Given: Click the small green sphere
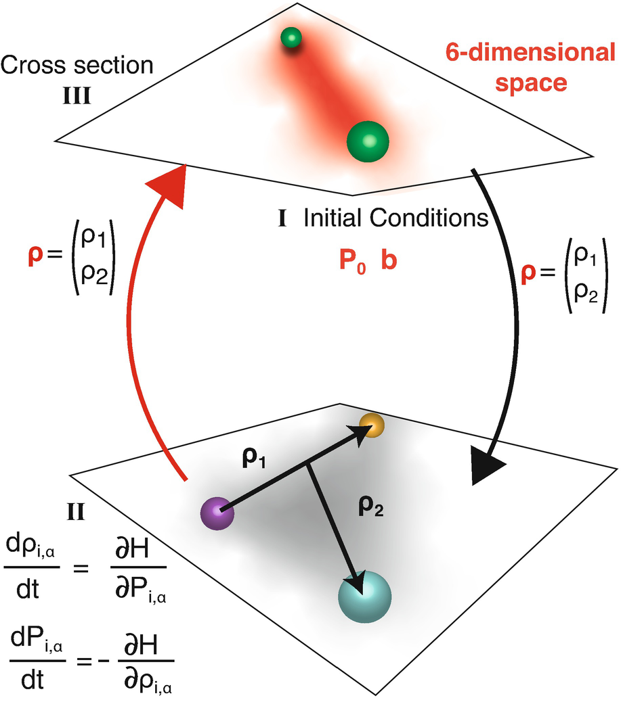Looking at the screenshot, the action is click(x=291, y=39).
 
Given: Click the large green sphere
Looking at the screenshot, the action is click(x=368, y=141).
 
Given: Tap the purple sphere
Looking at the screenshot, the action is click(x=217, y=513).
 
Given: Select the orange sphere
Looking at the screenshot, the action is click(x=372, y=425).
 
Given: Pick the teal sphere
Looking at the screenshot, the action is click(x=366, y=594).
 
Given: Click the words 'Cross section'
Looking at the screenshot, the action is click(x=77, y=66).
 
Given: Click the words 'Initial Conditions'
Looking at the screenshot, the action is click(x=396, y=218).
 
